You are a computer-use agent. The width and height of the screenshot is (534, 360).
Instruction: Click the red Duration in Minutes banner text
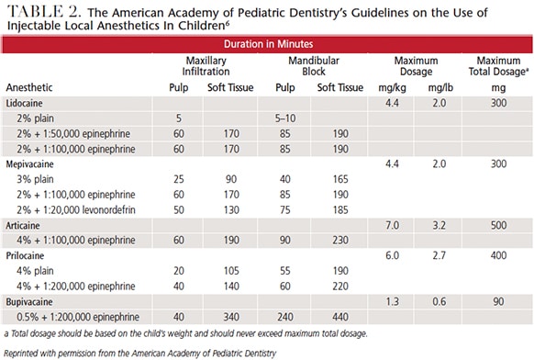(268, 44)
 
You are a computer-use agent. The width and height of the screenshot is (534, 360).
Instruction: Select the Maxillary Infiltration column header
(206, 66)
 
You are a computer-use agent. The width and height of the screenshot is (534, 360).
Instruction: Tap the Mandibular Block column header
(314, 66)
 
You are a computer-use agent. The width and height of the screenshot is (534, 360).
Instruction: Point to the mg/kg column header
(392, 88)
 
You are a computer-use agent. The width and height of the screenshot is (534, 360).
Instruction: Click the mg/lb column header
(440, 88)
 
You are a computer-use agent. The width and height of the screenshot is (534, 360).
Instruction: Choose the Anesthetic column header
(29, 87)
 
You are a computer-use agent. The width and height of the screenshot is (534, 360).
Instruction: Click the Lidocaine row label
(24, 103)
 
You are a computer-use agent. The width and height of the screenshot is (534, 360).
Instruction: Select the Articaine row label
(23, 225)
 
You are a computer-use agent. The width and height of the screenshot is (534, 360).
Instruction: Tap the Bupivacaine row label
(29, 302)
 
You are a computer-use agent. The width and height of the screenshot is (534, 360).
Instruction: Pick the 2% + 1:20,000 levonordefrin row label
(76, 209)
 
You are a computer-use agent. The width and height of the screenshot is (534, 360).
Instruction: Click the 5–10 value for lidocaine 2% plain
(285, 118)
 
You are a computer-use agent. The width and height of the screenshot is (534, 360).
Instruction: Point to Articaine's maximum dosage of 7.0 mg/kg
(392, 225)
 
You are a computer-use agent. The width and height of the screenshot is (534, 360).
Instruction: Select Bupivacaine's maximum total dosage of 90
(498, 302)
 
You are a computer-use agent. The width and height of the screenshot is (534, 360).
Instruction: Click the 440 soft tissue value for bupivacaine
(340, 317)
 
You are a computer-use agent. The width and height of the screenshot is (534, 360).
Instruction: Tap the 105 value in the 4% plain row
(231, 271)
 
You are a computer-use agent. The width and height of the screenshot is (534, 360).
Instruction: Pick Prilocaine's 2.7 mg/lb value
(439, 255)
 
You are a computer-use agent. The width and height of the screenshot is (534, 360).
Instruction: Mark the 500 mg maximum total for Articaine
(498, 225)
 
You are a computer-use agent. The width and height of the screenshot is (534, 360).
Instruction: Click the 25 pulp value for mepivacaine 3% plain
(179, 179)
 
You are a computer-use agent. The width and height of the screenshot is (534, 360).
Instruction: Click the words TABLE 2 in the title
(44, 12)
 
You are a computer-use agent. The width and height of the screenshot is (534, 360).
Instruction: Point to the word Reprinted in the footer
(22, 354)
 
